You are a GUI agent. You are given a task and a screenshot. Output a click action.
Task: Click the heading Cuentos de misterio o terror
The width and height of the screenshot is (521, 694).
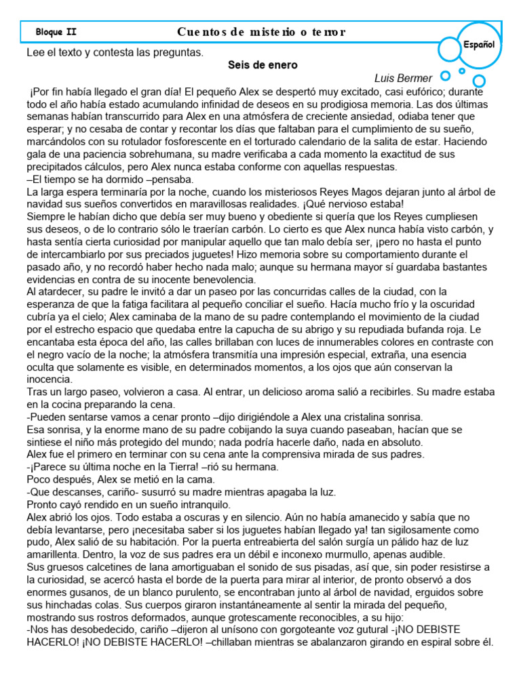pos(261,32)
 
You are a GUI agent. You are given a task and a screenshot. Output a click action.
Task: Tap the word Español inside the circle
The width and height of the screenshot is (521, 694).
pos(479,44)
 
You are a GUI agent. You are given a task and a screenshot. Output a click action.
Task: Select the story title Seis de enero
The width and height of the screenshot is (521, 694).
pos(262,66)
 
